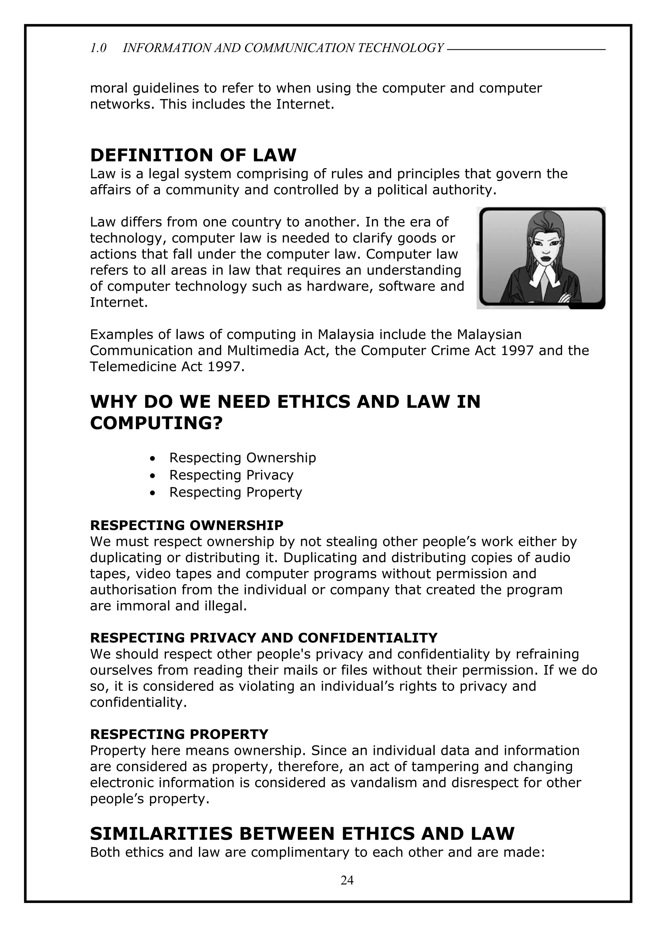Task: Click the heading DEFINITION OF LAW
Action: coord(193,155)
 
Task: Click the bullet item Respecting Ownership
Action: coord(242,457)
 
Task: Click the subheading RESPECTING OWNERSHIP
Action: coord(186,525)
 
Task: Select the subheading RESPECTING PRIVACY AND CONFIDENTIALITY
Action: coord(264,638)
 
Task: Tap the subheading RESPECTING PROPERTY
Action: coord(179,734)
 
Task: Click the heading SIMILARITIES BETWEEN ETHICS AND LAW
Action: coord(302,833)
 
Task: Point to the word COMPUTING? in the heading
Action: coord(156,423)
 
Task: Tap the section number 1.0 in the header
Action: coord(98,48)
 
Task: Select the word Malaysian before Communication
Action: coord(489,334)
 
